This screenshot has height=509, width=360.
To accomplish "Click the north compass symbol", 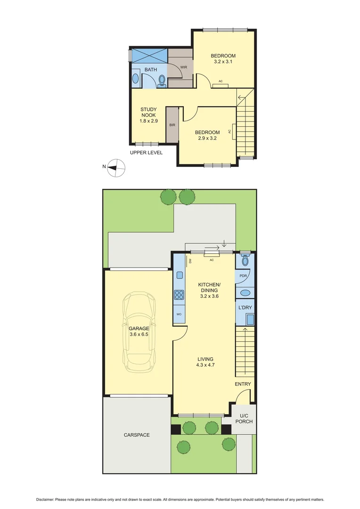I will (116, 167).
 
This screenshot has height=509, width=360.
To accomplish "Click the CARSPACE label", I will (137, 435).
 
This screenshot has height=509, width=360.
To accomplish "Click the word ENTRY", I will (243, 384).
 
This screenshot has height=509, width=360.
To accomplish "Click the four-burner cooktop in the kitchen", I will (180, 295).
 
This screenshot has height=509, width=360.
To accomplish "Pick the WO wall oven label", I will (179, 314).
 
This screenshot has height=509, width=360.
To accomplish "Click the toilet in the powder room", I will (245, 260).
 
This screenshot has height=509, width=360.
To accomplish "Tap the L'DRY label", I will (245, 307).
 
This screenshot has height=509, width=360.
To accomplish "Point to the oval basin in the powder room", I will (245, 293).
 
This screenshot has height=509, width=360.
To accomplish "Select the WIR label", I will (184, 67).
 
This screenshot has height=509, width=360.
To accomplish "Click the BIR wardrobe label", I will (172, 125).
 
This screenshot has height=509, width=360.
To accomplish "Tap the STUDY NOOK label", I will (148, 115).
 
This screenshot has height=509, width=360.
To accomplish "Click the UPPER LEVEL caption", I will (146, 153).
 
